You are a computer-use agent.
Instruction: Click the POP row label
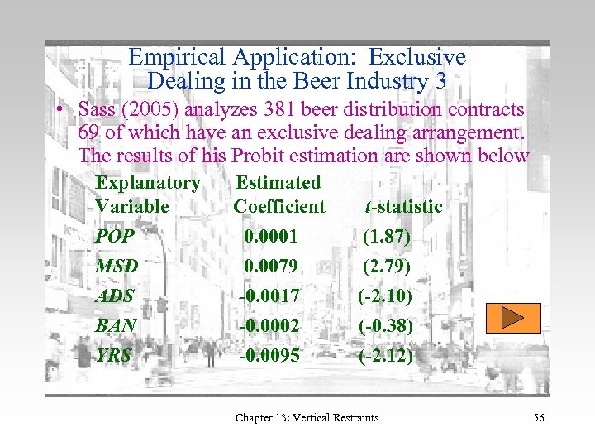pyautogui.click(x=114, y=237)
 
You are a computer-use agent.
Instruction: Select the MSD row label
pyautogui.click(x=117, y=267)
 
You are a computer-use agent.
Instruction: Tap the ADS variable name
pyautogui.click(x=115, y=296)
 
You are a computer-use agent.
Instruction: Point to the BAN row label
pyautogui.click(x=116, y=325)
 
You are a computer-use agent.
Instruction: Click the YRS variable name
pyautogui.click(x=114, y=355)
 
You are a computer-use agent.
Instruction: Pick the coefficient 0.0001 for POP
pyautogui.click(x=270, y=237)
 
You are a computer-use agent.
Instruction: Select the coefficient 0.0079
pyautogui.click(x=270, y=267)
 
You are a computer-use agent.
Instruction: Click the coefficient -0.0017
pyautogui.click(x=269, y=296)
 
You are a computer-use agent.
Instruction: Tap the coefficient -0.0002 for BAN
pyautogui.click(x=269, y=325)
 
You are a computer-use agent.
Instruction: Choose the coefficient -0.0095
pyautogui.click(x=269, y=355)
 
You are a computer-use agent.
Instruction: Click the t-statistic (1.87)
pyautogui.click(x=387, y=237)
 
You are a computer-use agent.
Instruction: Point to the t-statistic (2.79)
pyautogui.click(x=387, y=267)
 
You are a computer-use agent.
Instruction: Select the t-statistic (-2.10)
pyautogui.click(x=385, y=296)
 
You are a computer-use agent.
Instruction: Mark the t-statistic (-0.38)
pyautogui.click(x=385, y=325)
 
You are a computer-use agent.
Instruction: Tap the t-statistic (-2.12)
pyautogui.click(x=385, y=355)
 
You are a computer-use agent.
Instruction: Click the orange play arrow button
pyautogui.click(x=512, y=318)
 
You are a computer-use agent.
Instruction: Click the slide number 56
pyautogui.click(x=539, y=417)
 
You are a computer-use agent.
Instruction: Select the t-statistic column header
pyautogui.click(x=404, y=206)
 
